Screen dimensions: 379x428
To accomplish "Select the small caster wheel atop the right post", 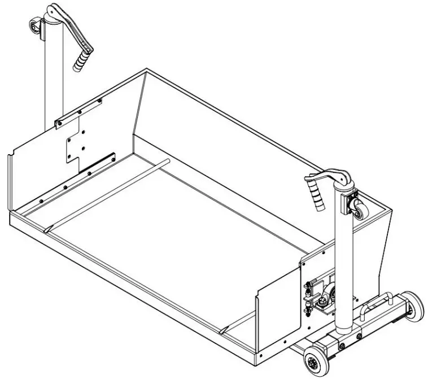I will pyautogui.click(x=359, y=209).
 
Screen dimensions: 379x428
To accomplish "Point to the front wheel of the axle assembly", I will pyautogui.click(x=312, y=359).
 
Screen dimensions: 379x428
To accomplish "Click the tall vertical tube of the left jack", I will pyautogui.click(x=54, y=73).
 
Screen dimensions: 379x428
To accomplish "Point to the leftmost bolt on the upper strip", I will pyautogui.click(x=58, y=122).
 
